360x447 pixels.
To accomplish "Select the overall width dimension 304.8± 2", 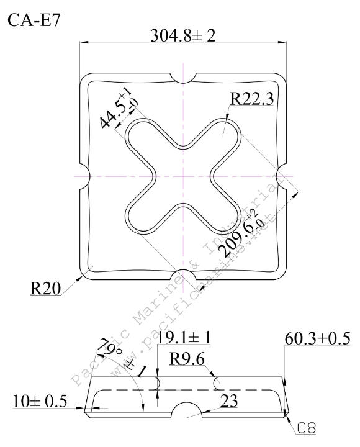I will (x=183, y=35).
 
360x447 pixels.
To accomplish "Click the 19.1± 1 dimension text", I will (x=184, y=338).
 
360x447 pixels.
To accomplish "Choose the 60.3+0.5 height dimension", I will (x=317, y=338).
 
